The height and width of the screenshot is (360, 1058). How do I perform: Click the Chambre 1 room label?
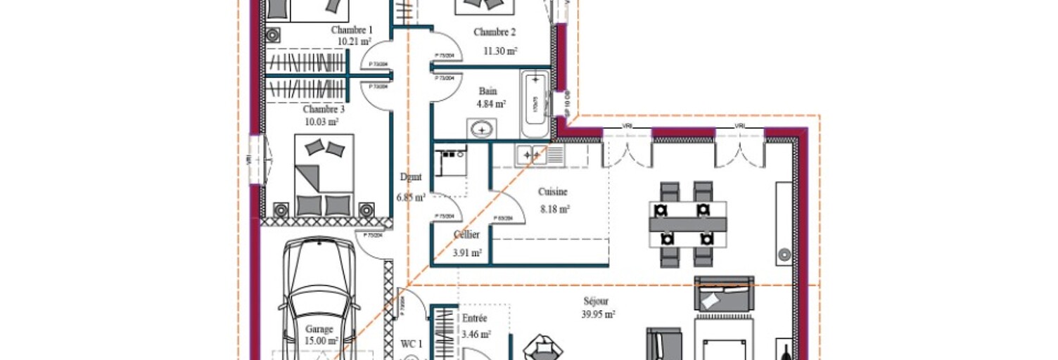(x=351, y=30)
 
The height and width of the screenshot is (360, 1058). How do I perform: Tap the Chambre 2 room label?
(x=495, y=32)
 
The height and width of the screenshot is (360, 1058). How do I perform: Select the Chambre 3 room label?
(x=324, y=110)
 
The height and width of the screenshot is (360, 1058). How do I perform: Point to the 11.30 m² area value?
(x=500, y=51)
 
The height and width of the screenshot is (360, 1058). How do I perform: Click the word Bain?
(x=487, y=91)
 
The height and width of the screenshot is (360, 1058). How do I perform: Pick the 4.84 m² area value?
(x=491, y=104)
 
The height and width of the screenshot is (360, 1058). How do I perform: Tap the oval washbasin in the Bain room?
(x=482, y=129)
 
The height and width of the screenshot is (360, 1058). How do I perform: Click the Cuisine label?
(x=552, y=191)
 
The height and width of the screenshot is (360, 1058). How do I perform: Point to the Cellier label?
(x=466, y=235)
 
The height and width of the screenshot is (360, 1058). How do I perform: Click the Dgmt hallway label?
(x=410, y=178)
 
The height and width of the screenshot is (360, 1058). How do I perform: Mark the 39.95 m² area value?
(x=598, y=314)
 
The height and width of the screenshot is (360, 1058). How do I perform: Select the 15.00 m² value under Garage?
(x=321, y=341)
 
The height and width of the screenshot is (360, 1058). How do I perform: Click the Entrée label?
(x=475, y=319)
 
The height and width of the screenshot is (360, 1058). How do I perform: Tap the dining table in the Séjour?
(x=687, y=224)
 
